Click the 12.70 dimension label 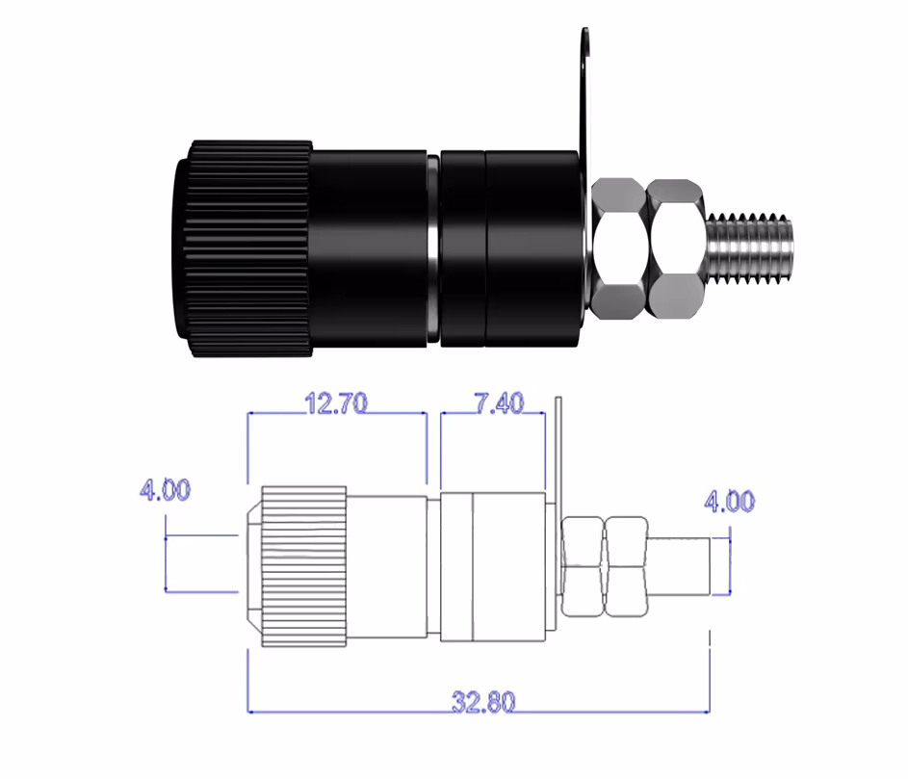[x=336, y=403]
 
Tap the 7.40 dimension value [x=499, y=403]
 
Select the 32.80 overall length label [x=483, y=702]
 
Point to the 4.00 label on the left [x=165, y=490]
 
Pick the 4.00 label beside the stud [x=730, y=501]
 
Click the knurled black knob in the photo [x=244, y=248]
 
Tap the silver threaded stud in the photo [x=749, y=248]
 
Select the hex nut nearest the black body [x=618, y=248]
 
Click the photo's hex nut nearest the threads [x=675, y=248]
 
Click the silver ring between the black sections [x=433, y=249]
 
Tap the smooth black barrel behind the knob [x=370, y=248]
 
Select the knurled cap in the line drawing [x=304, y=566]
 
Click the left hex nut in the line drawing [x=583, y=566]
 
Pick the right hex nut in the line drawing [x=626, y=566]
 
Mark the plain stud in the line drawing [x=679, y=566]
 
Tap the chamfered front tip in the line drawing [x=254, y=566]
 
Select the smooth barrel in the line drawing [x=387, y=566]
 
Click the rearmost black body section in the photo [x=532, y=248]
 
